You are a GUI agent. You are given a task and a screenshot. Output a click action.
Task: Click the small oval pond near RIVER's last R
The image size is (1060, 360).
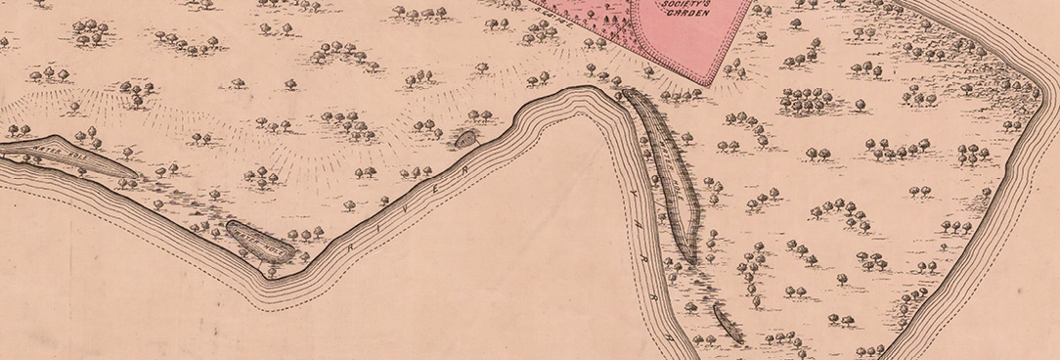[x=465, y=139]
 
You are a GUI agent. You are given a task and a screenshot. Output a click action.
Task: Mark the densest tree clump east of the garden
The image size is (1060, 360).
[x=807, y=99]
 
